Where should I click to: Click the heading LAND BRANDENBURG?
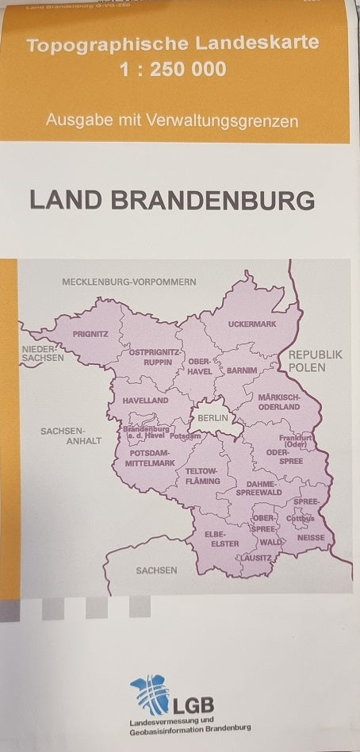(172, 200)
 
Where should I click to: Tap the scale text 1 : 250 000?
(172, 70)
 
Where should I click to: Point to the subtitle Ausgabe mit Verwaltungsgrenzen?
(172, 121)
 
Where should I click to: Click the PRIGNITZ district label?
(90, 335)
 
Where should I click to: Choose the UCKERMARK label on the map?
(251, 325)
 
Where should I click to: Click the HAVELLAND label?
(146, 401)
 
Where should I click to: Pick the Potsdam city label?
(185, 436)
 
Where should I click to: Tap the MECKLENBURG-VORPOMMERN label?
(129, 282)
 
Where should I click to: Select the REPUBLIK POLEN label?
(315, 361)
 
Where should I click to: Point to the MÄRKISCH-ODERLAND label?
(278, 401)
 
